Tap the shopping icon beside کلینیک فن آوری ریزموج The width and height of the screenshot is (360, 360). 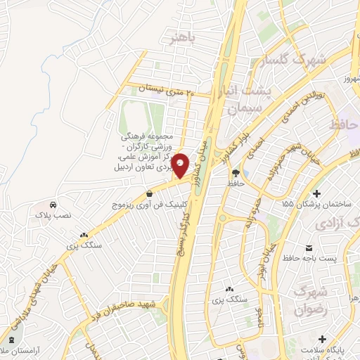(149, 194)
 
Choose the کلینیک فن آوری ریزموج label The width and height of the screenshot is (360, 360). (146, 204)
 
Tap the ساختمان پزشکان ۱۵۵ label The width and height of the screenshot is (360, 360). (316, 204)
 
